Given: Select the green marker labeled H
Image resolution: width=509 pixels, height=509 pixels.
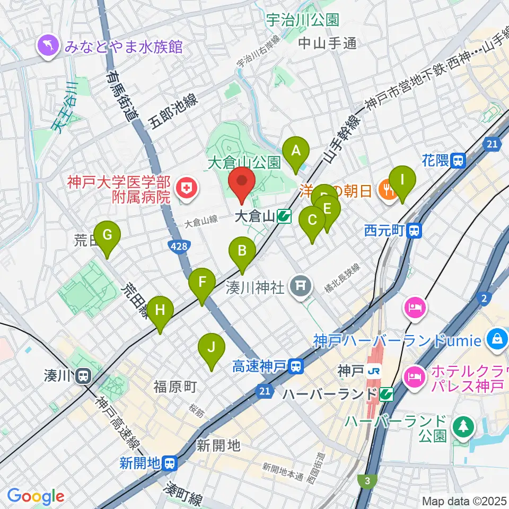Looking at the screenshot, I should [x=160, y=310].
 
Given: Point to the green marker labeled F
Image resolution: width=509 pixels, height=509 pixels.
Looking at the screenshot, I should [x=202, y=282].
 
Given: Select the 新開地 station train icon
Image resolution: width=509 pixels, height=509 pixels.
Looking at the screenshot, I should [x=170, y=463].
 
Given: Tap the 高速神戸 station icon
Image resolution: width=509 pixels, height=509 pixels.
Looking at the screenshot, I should [x=297, y=365].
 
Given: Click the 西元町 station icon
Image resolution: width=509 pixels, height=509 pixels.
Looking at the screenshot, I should [x=416, y=231].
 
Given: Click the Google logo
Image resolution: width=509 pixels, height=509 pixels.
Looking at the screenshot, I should [x=36, y=496].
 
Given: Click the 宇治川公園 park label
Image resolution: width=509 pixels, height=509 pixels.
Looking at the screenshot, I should [x=302, y=21].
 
